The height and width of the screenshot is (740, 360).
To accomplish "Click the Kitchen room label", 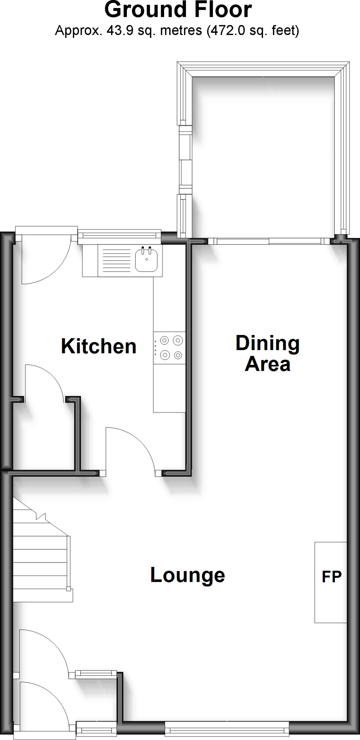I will pos(99,346).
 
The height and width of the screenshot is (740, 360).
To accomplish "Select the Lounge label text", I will pos(188,575).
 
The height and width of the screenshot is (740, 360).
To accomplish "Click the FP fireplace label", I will pos(331,577).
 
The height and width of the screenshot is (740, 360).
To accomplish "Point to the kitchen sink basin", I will pos(146,261).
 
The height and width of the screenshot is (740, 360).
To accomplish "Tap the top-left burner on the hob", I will pos(164,340).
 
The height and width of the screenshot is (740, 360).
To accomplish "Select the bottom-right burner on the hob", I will pos(177,356).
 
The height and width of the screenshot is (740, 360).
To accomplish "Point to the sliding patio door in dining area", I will pos(269,241).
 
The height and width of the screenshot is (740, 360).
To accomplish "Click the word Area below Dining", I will pos(267,364).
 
